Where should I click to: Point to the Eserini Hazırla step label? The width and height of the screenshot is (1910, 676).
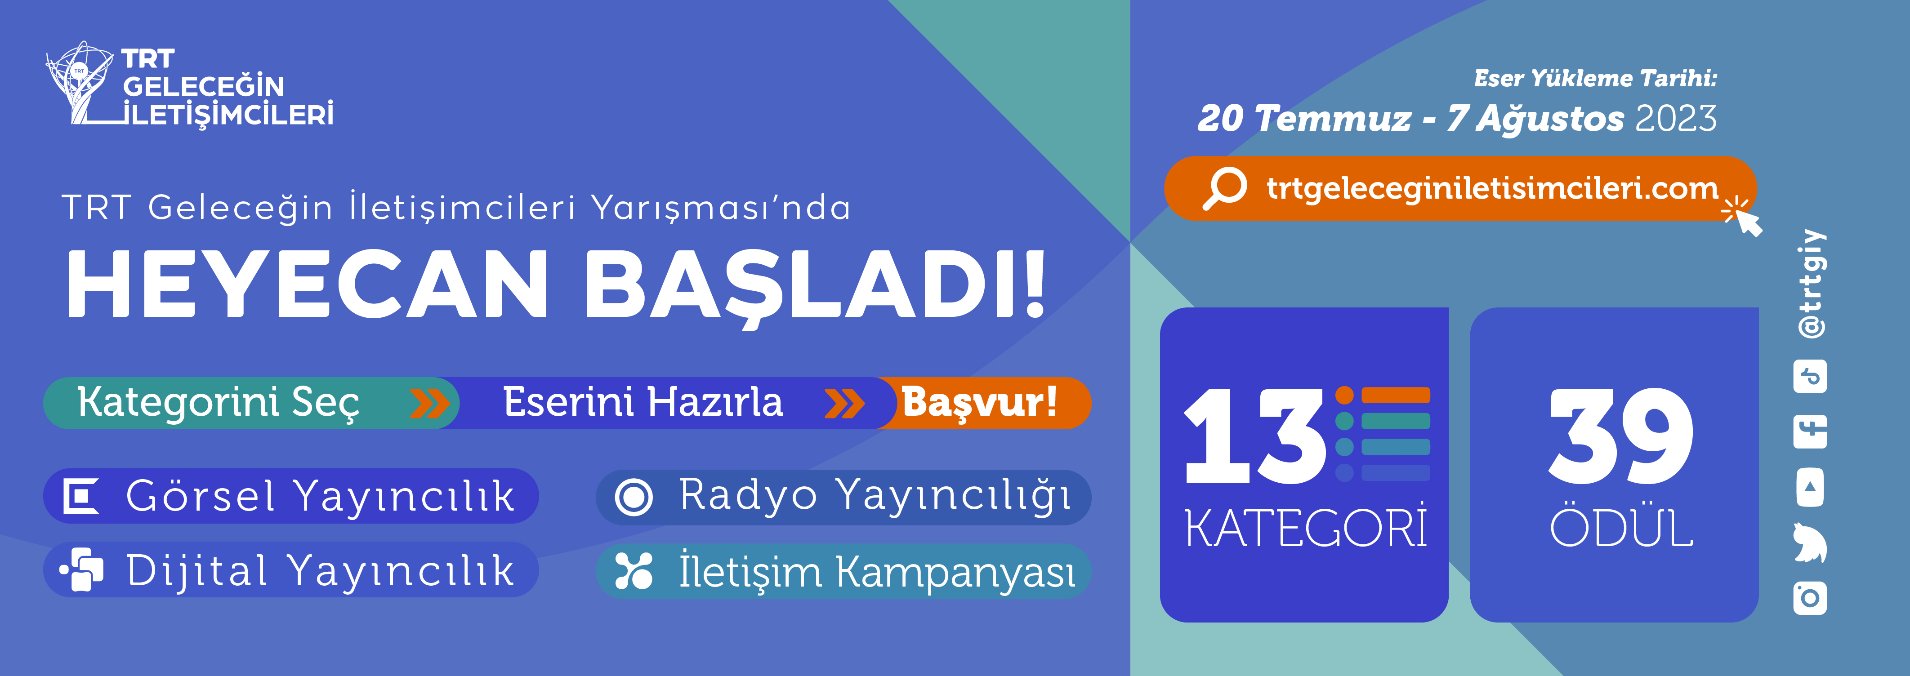point(643,402)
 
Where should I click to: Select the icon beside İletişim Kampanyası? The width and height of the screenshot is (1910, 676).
point(634,571)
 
